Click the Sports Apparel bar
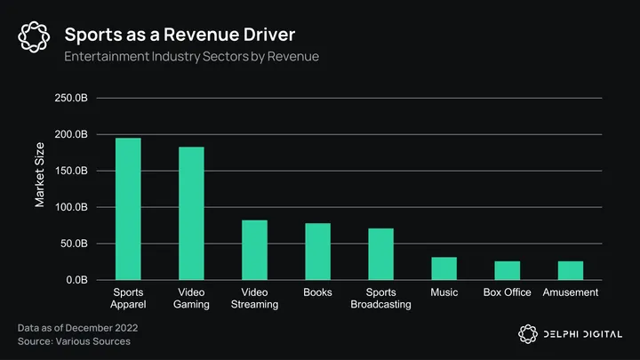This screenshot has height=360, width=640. pyautogui.click(x=128, y=209)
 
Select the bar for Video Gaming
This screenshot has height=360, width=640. pyautogui.click(x=191, y=213)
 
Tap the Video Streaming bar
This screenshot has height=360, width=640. pyautogui.click(x=254, y=250)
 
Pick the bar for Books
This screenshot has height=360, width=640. pyautogui.click(x=317, y=252)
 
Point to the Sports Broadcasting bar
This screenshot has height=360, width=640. pyautogui.click(x=380, y=254)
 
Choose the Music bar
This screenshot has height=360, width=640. pyautogui.click(x=444, y=268)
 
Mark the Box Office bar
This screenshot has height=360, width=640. pyautogui.click(x=507, y=270)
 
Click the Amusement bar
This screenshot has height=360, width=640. pyautogui.click(x=570, y=270)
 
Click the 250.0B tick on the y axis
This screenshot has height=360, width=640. pyautogui.click(x=71, y=98)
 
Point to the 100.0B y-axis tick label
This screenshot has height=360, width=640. pyautogui.click(x=71, y=207)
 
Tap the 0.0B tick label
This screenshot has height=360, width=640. pyautogui.click(x=75, y=280)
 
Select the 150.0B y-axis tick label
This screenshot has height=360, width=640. pyautogui.click(x=71, y=171)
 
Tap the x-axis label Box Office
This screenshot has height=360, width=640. pyautogui.click(x=507, y=292)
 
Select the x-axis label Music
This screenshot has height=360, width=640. pyautogui.click(x=444, y=292)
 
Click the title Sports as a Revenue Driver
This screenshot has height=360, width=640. pyautogui.click(x=180, y=35)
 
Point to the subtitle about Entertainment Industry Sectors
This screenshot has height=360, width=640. pyautogui.click(x=191, y=57)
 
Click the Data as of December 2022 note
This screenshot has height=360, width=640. pyautogui.click(x=77, y=328)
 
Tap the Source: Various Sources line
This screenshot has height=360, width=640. pyautogui.click(x=74, y=341)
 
